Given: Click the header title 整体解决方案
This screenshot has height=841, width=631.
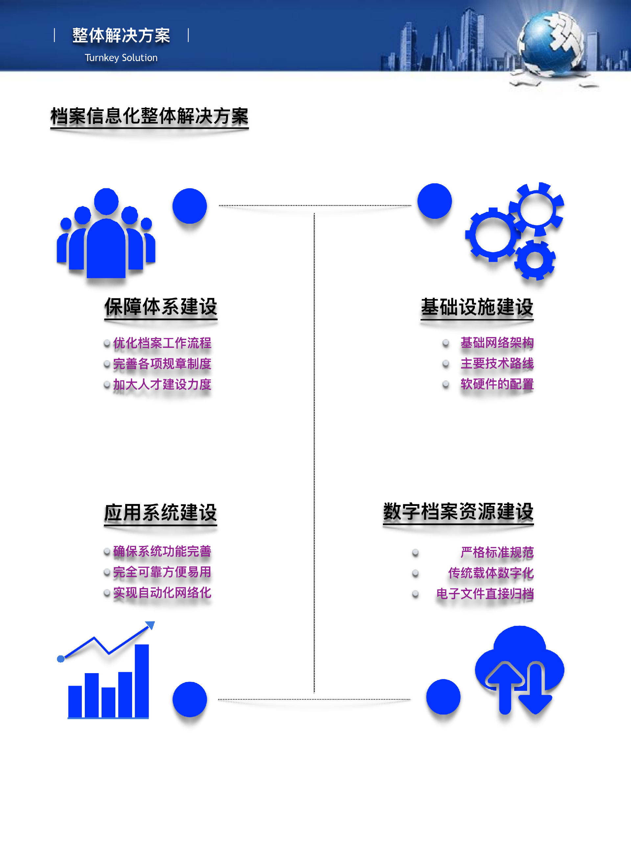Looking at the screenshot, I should coord(121,35).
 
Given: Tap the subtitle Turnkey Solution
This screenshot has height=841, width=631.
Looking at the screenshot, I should coord(121,58).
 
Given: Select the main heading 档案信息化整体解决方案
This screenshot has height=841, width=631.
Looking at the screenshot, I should coord(150,116).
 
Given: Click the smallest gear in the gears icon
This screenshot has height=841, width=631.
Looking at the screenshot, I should coord(534,260).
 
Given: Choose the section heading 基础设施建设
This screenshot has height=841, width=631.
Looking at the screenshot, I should coord(477,307).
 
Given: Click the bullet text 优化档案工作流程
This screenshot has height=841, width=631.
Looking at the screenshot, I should coord(162,343).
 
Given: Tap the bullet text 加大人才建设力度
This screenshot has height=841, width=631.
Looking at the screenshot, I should coord(162,384).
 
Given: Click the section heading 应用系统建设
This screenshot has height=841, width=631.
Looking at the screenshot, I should coord(160,512).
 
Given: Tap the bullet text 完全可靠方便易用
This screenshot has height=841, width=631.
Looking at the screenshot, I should coord(162,572).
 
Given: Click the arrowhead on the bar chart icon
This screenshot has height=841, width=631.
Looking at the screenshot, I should coord(150,625).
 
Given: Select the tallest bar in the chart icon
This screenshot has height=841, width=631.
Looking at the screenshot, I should coord(142,681).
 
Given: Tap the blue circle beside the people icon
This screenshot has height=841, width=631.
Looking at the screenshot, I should coord(189,206).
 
